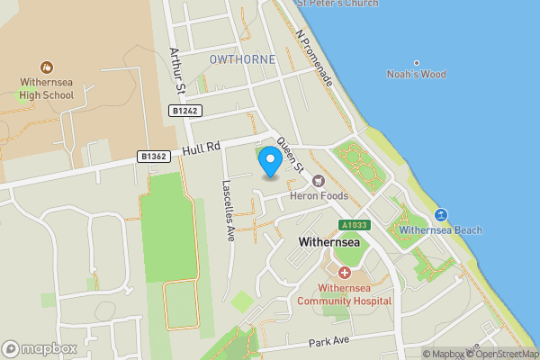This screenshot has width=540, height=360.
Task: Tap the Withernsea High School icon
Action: [x=46, y=67]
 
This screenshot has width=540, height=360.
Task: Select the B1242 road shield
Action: [x=184, y=110]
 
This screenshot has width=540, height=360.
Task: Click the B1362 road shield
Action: [x=154, y=156]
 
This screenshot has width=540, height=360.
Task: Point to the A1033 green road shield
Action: [x=355, y=225]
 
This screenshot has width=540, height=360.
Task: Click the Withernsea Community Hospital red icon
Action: [x=345, y=272]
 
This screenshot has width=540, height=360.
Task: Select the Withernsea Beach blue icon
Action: [x=441, y=214]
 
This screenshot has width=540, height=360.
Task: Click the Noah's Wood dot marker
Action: [x=416, y=63]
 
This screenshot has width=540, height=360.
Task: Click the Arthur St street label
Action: [x=176, y=71]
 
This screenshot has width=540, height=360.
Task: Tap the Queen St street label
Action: [x=292, y=154]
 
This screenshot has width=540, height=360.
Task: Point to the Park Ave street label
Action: [x=328, y=342]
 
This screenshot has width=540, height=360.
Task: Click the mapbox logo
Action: [x=40, y=348]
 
